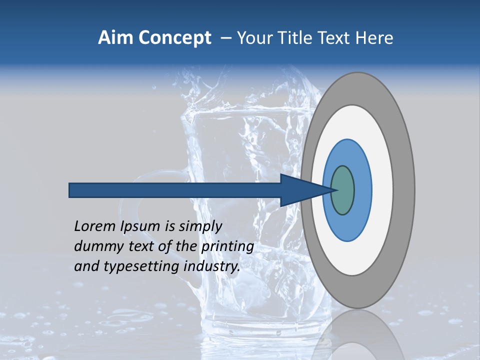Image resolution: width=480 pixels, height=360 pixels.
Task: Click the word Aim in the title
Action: click(115, 38)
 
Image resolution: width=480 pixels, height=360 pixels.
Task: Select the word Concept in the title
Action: click(174, 38)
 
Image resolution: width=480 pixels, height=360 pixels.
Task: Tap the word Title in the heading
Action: click(299, 38)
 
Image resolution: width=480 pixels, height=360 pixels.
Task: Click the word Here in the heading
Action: click(375, 38)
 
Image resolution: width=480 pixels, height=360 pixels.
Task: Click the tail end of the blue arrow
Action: click(70, 190)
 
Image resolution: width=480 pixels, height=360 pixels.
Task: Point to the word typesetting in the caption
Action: click(141, 267)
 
